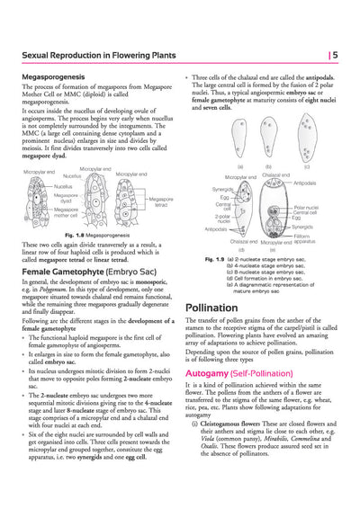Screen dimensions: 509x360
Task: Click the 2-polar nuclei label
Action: [x=224, y=217]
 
